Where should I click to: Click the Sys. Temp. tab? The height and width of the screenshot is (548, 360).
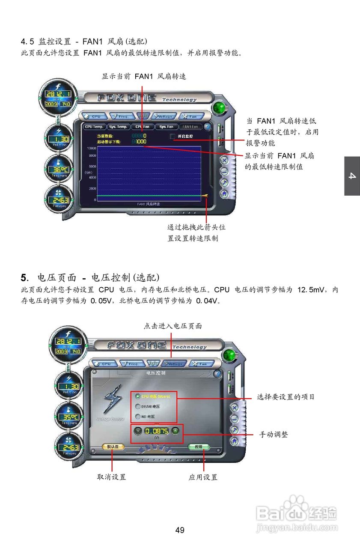118,127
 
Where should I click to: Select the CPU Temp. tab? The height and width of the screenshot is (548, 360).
94,127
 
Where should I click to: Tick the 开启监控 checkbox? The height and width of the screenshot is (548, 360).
173,136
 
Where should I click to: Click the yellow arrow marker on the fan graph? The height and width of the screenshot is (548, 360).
204,196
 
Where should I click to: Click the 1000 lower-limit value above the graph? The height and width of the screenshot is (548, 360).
141,141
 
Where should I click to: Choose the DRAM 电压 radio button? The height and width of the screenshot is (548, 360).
138,406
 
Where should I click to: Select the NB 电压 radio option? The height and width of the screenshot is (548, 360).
138,417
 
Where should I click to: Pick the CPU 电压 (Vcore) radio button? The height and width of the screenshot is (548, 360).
138,396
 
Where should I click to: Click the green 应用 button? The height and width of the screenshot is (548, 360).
199,447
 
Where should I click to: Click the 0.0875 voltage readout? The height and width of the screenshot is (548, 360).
156,431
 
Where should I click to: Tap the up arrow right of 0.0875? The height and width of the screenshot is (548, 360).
175,431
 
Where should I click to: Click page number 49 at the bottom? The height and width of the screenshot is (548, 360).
180,530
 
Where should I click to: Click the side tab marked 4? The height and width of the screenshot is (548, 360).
352,176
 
